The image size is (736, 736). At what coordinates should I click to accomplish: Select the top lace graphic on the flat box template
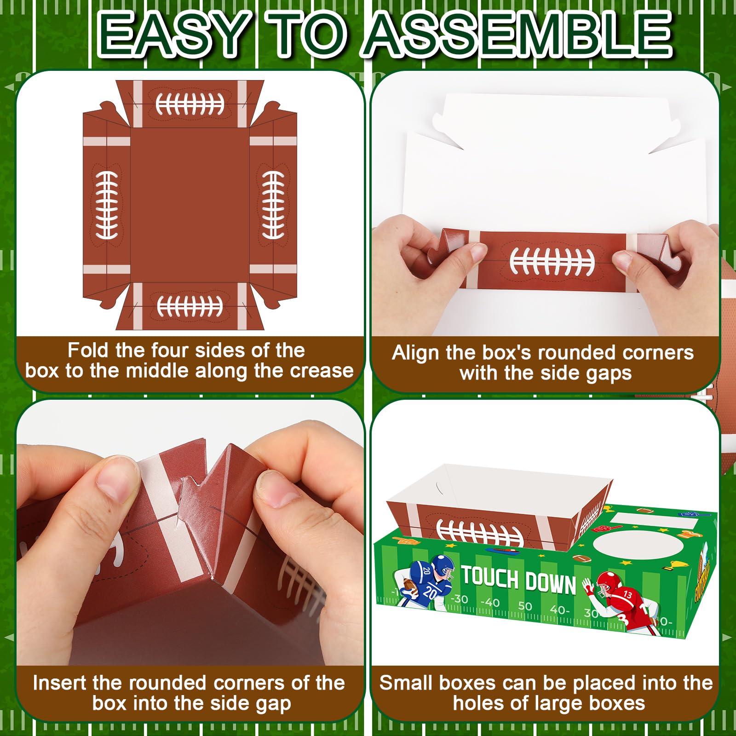tap(190, 104)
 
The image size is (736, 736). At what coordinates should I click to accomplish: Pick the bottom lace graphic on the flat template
tap(190, 305)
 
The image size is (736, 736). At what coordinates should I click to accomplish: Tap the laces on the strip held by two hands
tap(552, 261)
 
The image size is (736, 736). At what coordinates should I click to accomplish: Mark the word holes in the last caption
tap(477, 703)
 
